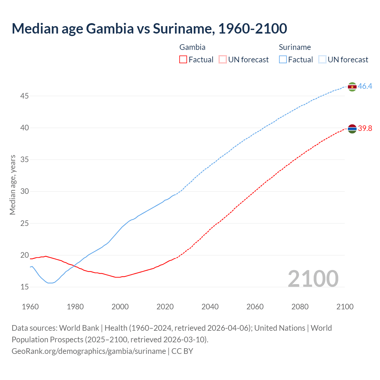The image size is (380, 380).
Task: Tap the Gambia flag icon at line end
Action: [x=352, y=129]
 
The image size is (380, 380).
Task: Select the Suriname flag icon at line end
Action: [x=352, y=87]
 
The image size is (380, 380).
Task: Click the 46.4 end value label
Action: [x=365, y=86]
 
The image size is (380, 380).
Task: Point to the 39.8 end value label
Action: [x=365, y=129]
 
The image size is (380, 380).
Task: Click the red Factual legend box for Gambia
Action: [x=183, y=60]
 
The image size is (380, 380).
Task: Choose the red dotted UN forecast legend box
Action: [x=223, y=60]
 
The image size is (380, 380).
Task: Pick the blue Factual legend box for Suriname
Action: [x=283, y=60]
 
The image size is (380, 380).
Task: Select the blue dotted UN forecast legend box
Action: [x=322, y=60]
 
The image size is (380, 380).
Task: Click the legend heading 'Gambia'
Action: [x=192, y=47]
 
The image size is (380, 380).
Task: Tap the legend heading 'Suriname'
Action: [x=295, y=47]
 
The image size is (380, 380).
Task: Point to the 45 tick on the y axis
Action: [x=24, y=96]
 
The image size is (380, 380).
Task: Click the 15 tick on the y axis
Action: [x=24, y=287]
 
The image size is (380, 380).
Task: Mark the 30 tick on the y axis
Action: [x=24, y=191]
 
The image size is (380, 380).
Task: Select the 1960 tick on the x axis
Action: [x=30, y=307]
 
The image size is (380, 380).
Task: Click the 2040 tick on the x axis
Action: [x=210, y=307]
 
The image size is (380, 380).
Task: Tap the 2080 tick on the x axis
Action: [x=300, y=307]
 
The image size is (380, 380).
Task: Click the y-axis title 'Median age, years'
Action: [x=12, y=185]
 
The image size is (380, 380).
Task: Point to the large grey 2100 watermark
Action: [x=313, y=278]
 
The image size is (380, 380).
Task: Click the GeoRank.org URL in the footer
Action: [x=89, y=351]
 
